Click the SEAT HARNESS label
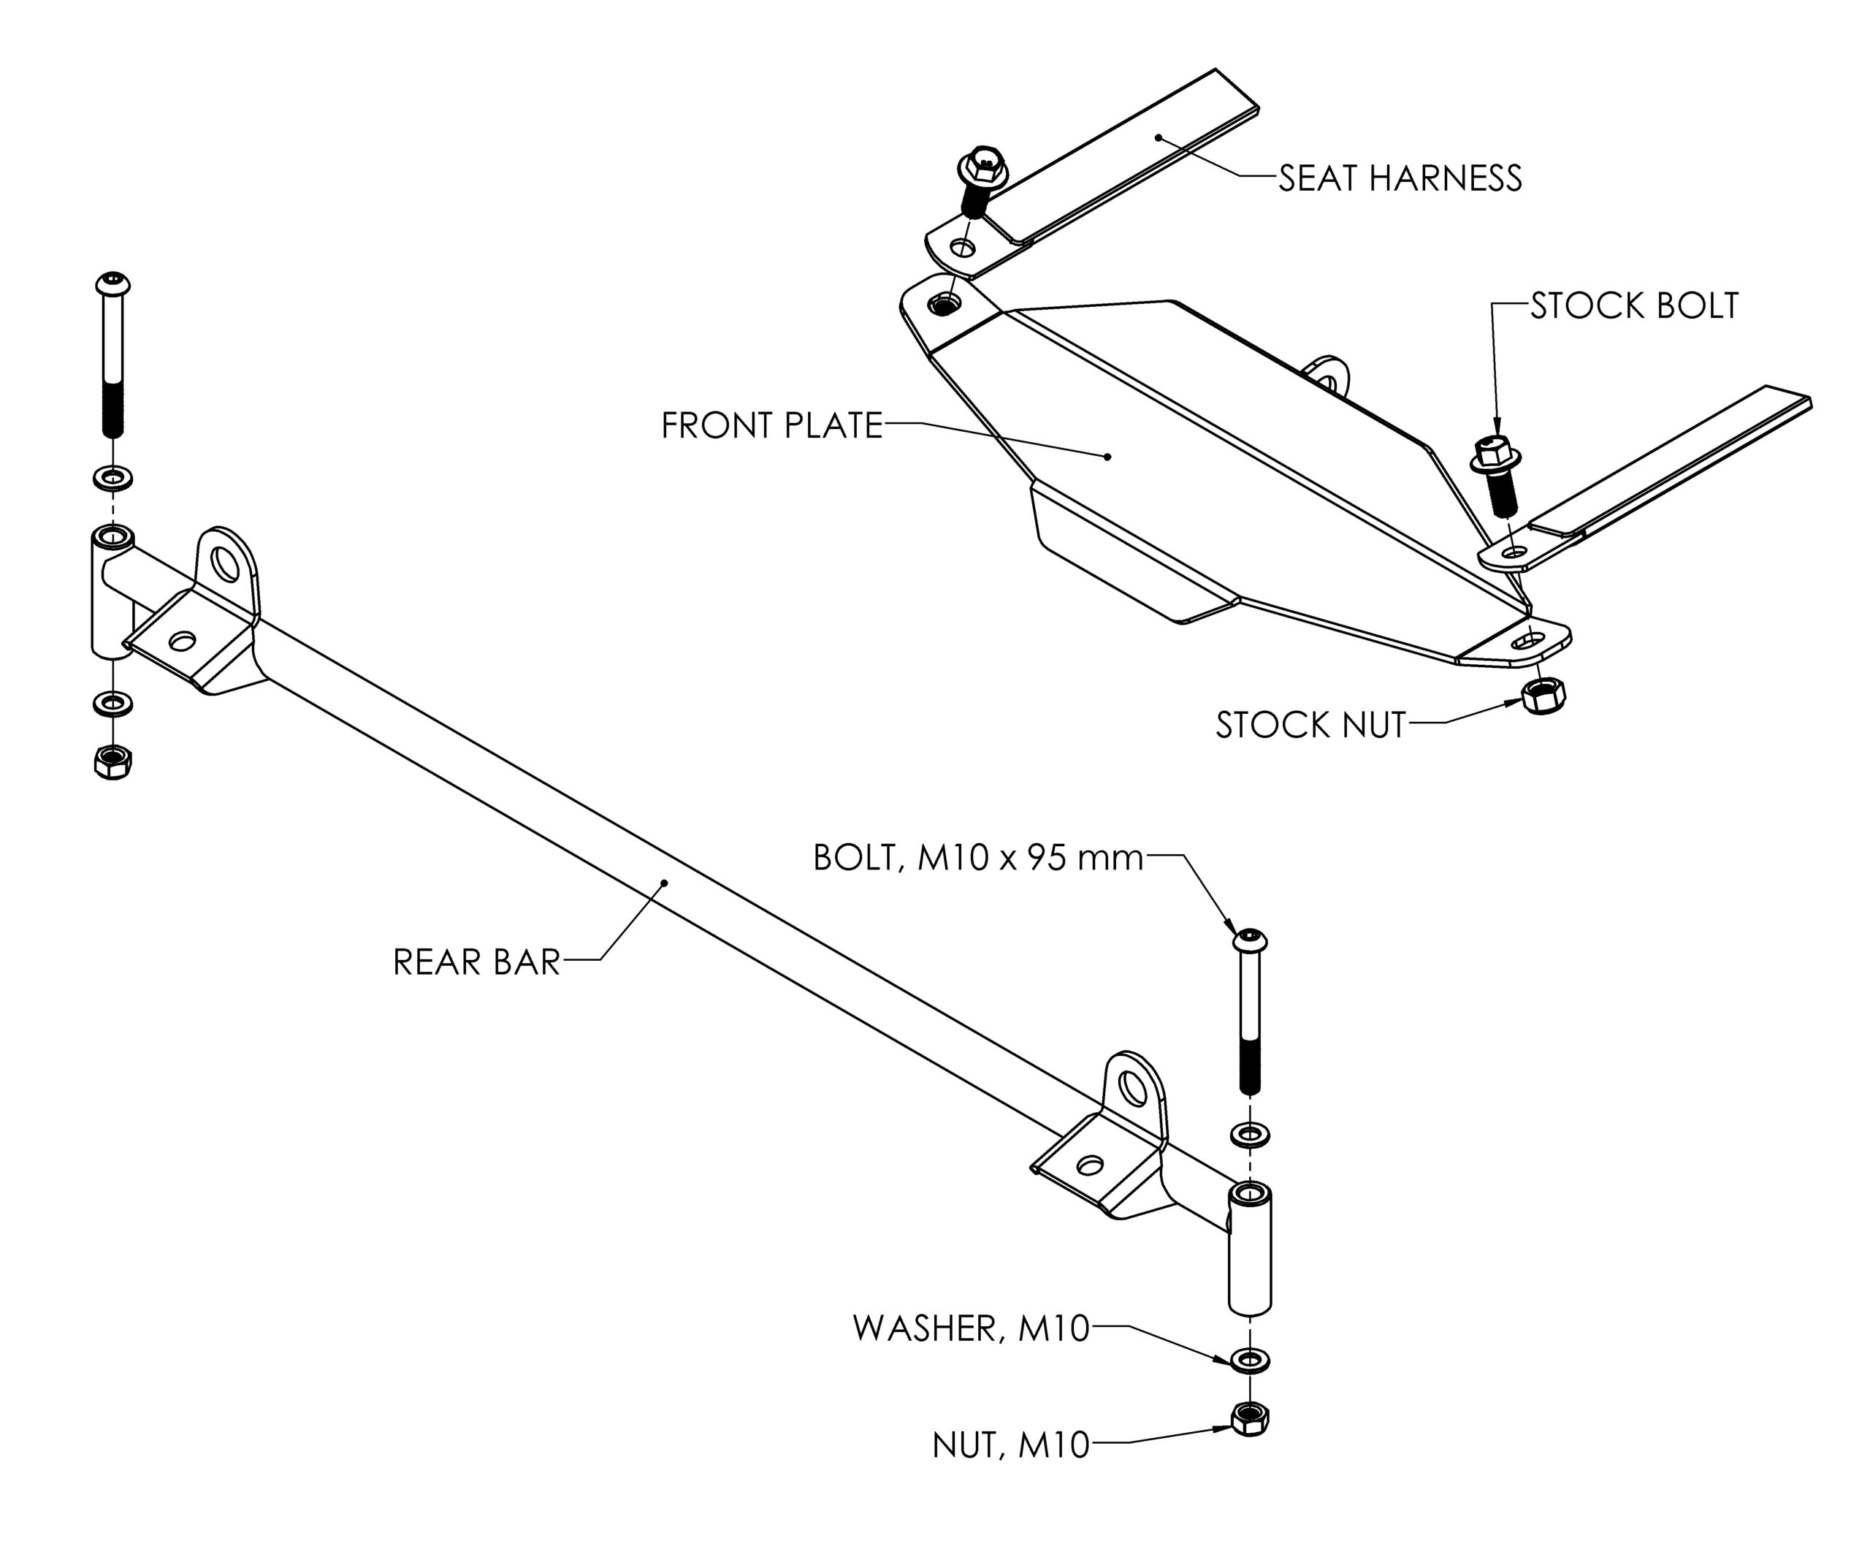tap(1400, 178)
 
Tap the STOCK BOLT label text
tap(1634, 306)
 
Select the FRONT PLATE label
tap(771, 426)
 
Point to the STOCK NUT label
tap(1310, 726)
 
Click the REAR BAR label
tap(476, 962)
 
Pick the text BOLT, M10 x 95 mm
tap(978, 859)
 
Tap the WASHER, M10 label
tap(971, 1329)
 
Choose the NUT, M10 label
tap(1010, 1446)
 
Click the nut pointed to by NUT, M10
tap(1251, 1418)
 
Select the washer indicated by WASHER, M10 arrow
tap(1251, 1360)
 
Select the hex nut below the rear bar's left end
tap(112, 761)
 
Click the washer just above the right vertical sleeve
tap(1251, 1135)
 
